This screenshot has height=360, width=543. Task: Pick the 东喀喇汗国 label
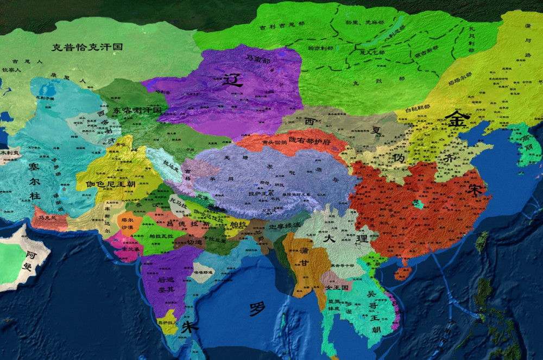point(137,110)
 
